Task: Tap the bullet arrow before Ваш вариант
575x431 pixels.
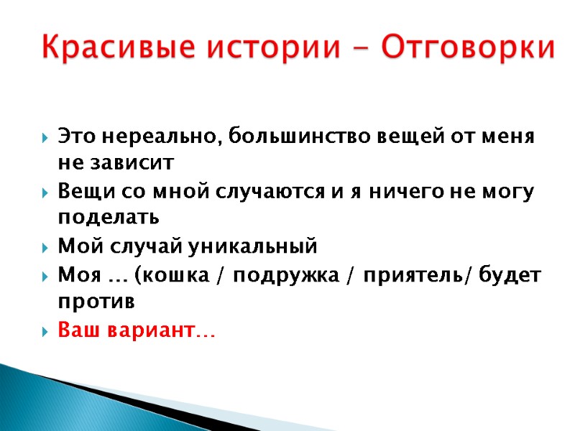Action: [45, 332]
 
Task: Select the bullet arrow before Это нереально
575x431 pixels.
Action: [45, 136]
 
